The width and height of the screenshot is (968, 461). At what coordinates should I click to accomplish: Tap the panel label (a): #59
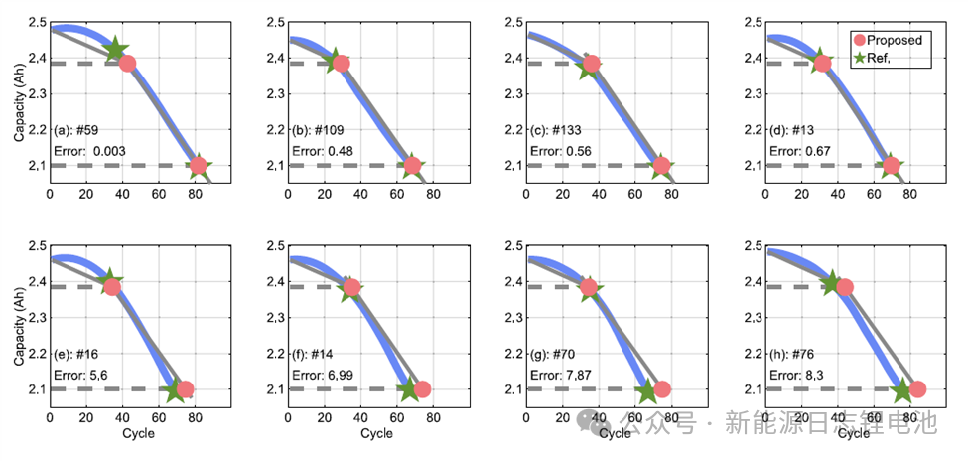click(x=75, y=129)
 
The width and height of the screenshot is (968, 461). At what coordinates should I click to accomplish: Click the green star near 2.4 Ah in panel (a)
click(x=116, y=50)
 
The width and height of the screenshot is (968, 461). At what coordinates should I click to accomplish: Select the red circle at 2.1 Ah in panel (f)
click(x=422, y=389)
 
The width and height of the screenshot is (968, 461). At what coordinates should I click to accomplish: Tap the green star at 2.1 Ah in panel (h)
click(x=902, y=389)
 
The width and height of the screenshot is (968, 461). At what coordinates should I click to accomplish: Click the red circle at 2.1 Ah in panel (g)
click(x=661, y=389)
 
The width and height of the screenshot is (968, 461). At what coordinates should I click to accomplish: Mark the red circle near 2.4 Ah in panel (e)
click(x=112, y=287)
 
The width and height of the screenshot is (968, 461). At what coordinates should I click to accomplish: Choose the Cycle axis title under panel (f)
click(x=376, y=433)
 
